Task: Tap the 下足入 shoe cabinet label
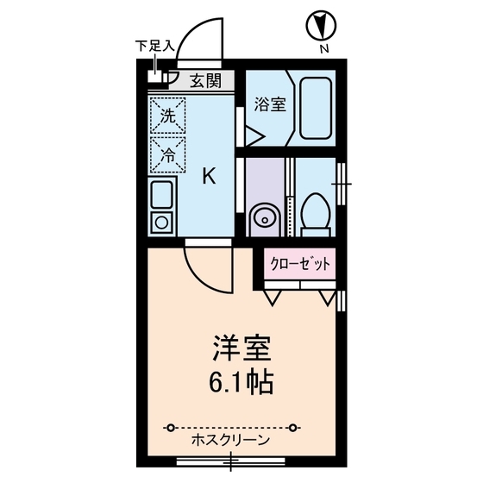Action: tap(156, 45)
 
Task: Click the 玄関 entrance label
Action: tap(204, 82)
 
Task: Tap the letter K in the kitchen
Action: tap(209, 177)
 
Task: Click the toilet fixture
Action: tap(314, 211)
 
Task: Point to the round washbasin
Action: tap(262, 216)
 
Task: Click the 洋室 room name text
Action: tap(242, 349)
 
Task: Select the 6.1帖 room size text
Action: tap(242, 380)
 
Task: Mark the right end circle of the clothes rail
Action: tap(294, 426)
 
